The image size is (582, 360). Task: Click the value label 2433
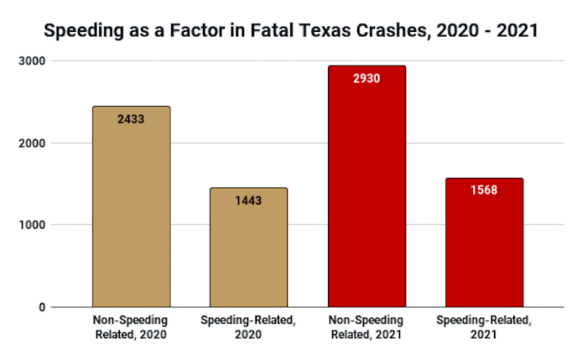pyautogui.click(x=131, y=119)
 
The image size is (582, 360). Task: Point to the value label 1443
pyautogui.click(x=249, y=201)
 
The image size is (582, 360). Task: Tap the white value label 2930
pyautogui.click(x=367, y=78)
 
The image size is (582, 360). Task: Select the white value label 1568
pyautogui.click(x=483, y=190)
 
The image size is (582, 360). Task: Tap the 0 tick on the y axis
pyautogui.click(x=42, y=307)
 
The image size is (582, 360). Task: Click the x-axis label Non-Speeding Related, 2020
pyautogui.click(x=131, y=325)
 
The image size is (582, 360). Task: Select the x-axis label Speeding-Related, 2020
pyautogui.click(x=249, y=325)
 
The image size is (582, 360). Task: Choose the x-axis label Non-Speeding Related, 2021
pyautogui.click(x=367, y=325)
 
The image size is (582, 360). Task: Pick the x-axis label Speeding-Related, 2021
pyautogui.click(x=483, y=325)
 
